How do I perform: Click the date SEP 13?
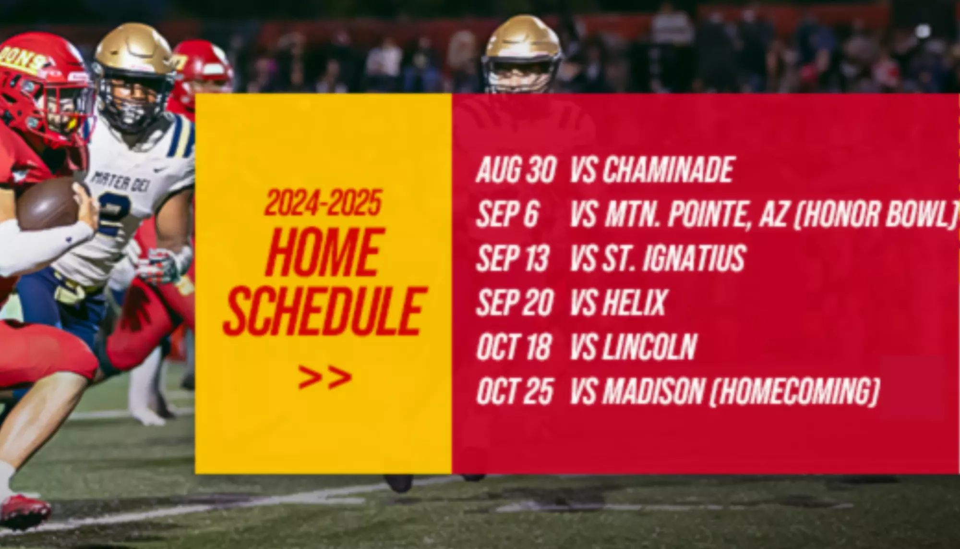(512, 258)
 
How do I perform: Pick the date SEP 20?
(515, 302)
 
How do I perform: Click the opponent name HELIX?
(635, 302)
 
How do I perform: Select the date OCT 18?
(514, 346)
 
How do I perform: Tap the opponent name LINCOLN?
(649, 346)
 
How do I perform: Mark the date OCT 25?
(515, 391)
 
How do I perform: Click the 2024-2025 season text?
(323, 202)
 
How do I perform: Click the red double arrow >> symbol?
(324, 377)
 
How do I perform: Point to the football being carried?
(48, 204)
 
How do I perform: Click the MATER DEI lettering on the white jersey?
(117, 183)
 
